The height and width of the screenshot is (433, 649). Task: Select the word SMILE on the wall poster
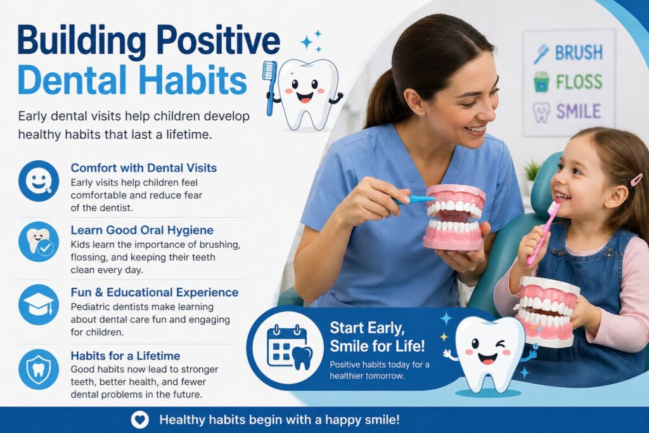pyautogui.click(x=578, y=112)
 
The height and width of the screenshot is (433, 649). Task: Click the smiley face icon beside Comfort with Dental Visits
pyautogui.click(x=39, y=181)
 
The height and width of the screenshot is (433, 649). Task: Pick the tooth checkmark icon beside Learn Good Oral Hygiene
pyautogui.click(x=39, y=242)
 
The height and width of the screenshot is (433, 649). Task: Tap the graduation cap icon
pyautogui.click(x=39, y=305)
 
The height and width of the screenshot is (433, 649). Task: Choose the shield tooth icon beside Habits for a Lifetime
pyautogui.click(x=39, y=368)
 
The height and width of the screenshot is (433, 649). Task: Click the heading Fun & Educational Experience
pyautogui.click(x=155, y=292)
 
